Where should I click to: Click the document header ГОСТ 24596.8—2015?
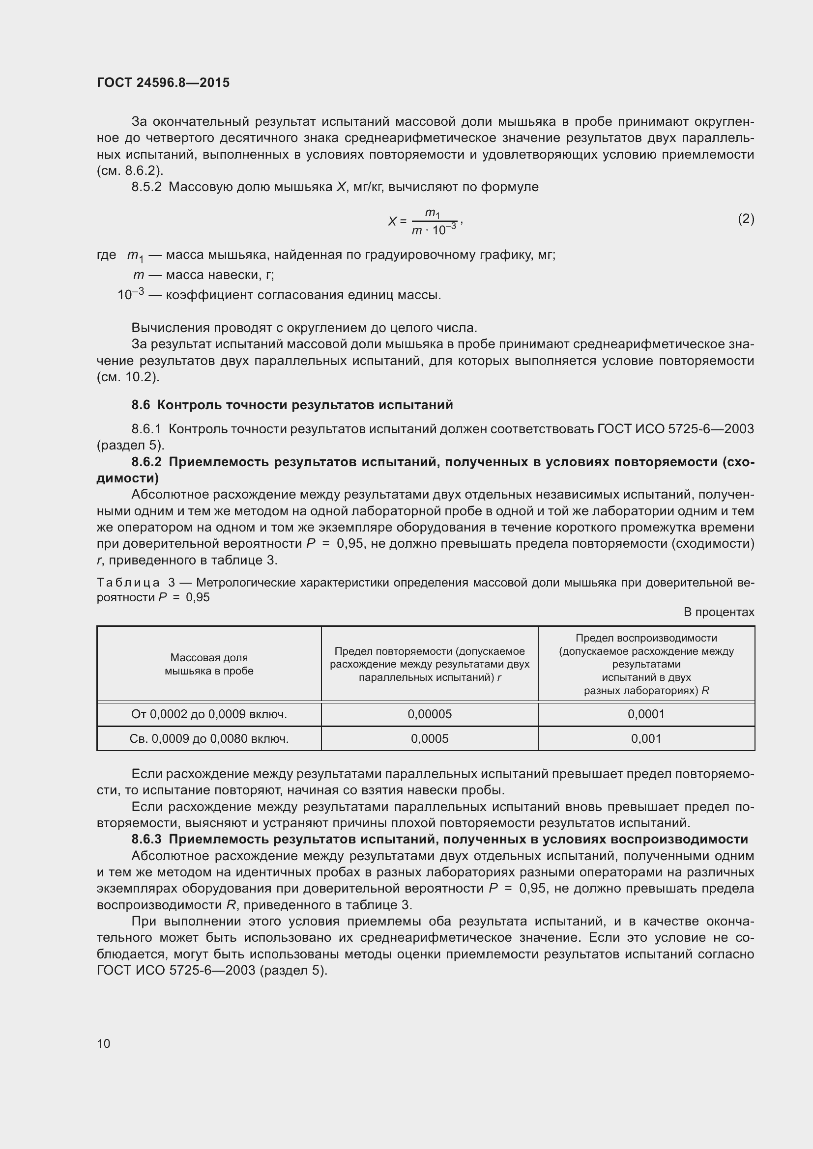point(163,83)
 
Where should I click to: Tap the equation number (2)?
point(746,219)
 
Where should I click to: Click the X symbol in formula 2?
point(392,221)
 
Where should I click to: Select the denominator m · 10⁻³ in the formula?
point(434,230)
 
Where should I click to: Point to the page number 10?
point(104,1043)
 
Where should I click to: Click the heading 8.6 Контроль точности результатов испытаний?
point(292,405)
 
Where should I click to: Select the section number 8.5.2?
point(146,187)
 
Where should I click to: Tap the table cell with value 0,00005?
point(430,714)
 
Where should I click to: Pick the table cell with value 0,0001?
point(646,714)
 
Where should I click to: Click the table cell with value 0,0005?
point(430,739)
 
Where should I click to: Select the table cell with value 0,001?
point(646,739)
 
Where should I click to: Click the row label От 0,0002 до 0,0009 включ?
point(209,714)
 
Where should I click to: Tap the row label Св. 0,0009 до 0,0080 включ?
point(209,739)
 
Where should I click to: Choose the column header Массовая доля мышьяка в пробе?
point(209,664)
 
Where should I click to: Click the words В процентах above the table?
point(719,612)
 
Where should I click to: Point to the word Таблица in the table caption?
point(128,583)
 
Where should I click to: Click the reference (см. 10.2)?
point(128,377)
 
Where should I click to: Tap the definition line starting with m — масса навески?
point(203,275)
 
